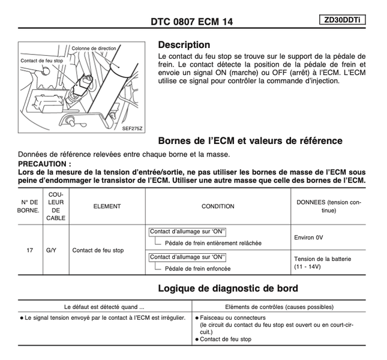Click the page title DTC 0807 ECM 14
[191, 22]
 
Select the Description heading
[184, 45]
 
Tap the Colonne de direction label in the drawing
[94, 48]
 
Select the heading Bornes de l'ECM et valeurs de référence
[250, 141]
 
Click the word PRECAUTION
[45, 163]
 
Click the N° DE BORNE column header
[29, 206]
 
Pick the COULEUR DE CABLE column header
[56, 206]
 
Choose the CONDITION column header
[218, 206]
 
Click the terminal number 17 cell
[29, 250]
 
